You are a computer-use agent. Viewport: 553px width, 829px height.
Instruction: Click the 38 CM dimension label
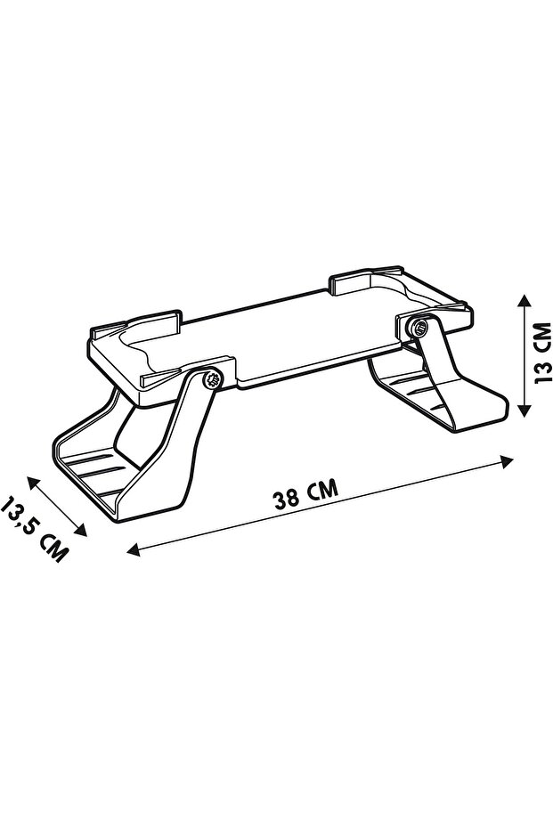click(305, 494)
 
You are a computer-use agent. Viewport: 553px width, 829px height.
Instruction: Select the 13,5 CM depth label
click(35, 530)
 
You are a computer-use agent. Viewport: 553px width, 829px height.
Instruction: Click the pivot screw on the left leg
click(213, 379)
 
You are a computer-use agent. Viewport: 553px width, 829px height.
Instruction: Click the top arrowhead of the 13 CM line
click(523, 301)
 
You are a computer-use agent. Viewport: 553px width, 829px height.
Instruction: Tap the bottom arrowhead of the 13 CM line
click(523, 410)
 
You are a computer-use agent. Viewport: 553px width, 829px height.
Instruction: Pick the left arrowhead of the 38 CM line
click(134, 550)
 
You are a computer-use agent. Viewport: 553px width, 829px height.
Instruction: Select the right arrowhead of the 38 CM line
click(507, 461)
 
